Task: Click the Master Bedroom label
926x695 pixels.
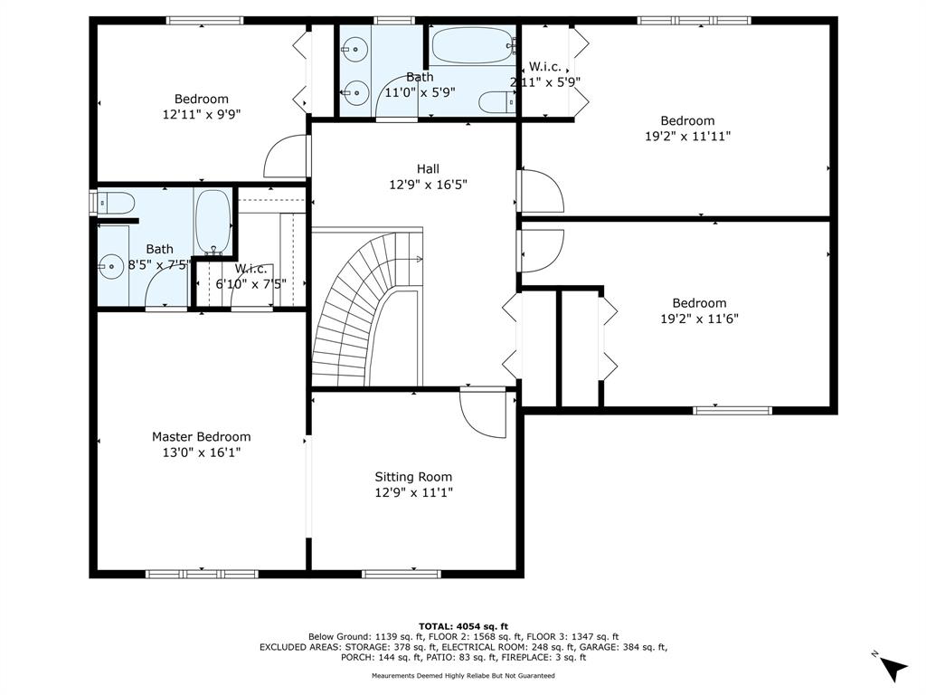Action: click(202, 437)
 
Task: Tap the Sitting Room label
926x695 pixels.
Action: click(413, 477)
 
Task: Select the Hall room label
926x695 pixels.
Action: click(428, 169)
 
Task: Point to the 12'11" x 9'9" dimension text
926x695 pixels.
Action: click(202, 114)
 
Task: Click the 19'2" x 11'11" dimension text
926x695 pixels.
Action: click(687, 136)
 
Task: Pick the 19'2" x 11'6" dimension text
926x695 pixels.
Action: click(699, 319)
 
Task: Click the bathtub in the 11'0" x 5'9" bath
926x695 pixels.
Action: click(473, 45)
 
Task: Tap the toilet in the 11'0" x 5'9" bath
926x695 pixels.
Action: click(497, 102)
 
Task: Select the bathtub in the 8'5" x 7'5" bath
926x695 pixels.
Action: click(213, 222)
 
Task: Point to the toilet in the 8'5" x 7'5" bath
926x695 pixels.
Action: click(116, 204)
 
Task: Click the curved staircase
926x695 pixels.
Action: click(367, 308)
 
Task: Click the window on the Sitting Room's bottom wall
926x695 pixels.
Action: click(401, 574)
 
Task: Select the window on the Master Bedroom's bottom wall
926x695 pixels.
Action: click(202, 574)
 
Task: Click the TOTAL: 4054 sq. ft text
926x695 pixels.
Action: click(463, 626)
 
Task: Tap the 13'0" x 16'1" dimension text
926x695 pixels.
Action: click(202, 452)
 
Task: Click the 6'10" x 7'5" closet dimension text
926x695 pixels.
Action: click(251, 283)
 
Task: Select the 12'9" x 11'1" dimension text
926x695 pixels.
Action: click(413, 492)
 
